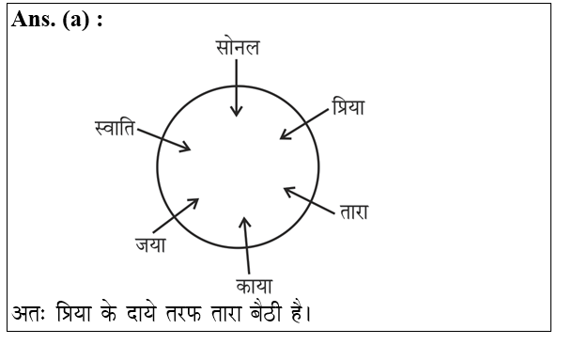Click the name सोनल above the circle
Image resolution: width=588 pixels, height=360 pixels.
237,47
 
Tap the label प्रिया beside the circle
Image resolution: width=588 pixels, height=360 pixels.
347,107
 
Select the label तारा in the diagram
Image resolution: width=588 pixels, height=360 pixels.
352,212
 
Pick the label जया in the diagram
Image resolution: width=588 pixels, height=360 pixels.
149,245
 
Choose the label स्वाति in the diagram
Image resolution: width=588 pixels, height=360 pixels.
116,127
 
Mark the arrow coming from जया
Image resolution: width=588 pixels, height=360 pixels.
176,215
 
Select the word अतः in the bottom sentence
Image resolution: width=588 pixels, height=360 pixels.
31,311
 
